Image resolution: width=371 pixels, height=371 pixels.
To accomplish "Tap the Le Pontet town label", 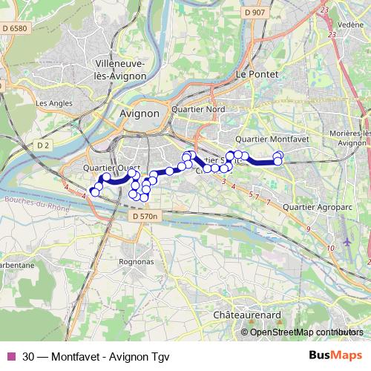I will click(252, 75).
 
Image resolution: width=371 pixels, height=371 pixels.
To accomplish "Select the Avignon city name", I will click(139, 114).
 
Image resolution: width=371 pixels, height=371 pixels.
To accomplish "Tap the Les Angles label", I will click(50, 103).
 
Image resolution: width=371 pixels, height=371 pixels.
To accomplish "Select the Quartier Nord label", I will click(197, 109).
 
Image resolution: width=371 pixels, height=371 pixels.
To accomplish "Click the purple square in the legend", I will click(11, 355).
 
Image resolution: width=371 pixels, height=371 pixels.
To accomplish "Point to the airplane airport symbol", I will click(349, 243).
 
